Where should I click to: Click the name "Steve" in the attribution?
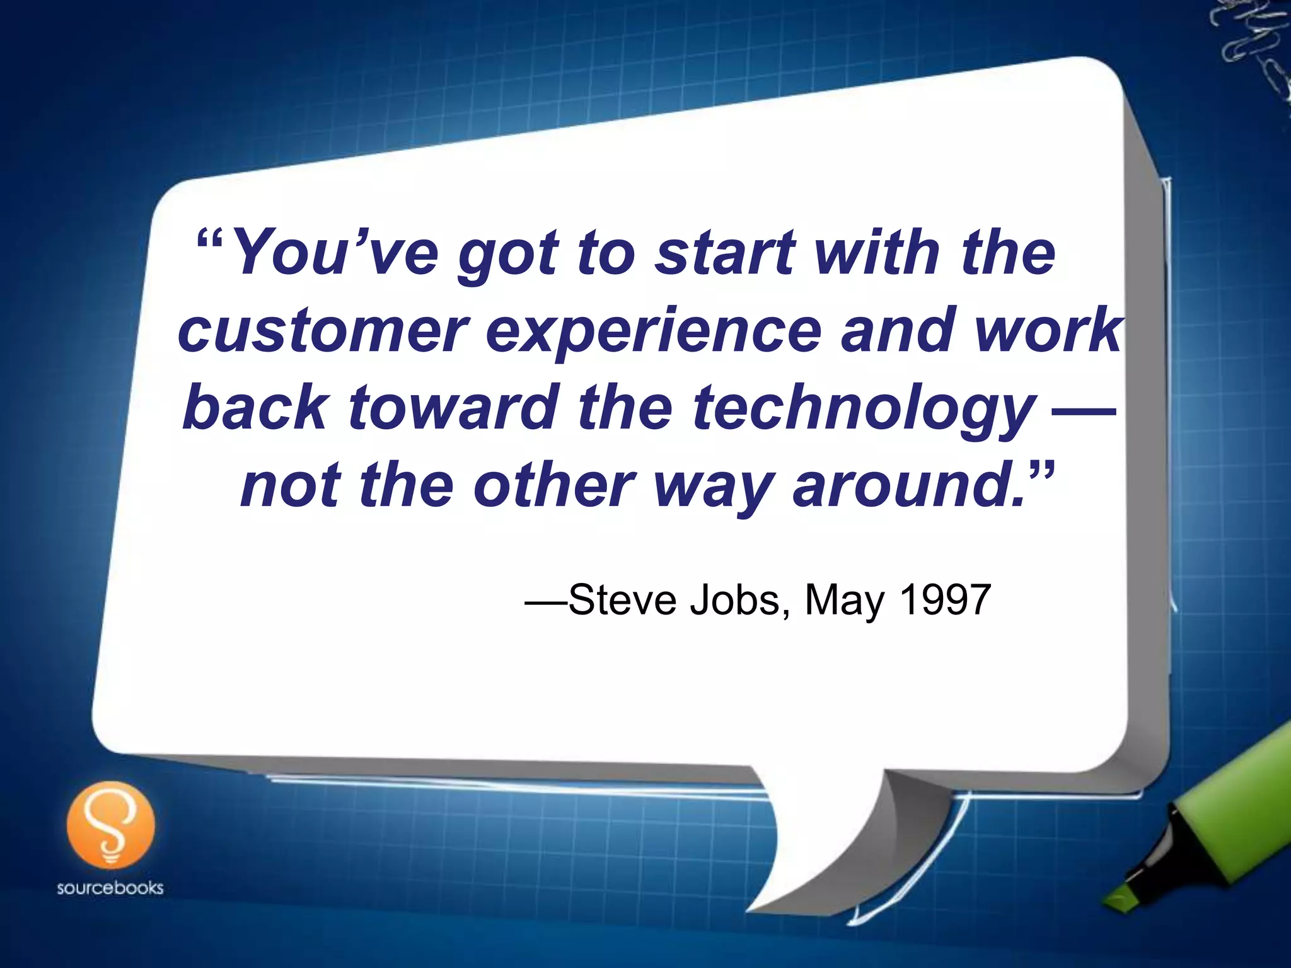coord(622,600)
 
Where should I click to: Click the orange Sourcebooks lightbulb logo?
coord(110,824)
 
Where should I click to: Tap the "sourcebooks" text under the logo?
coord(110,889)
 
